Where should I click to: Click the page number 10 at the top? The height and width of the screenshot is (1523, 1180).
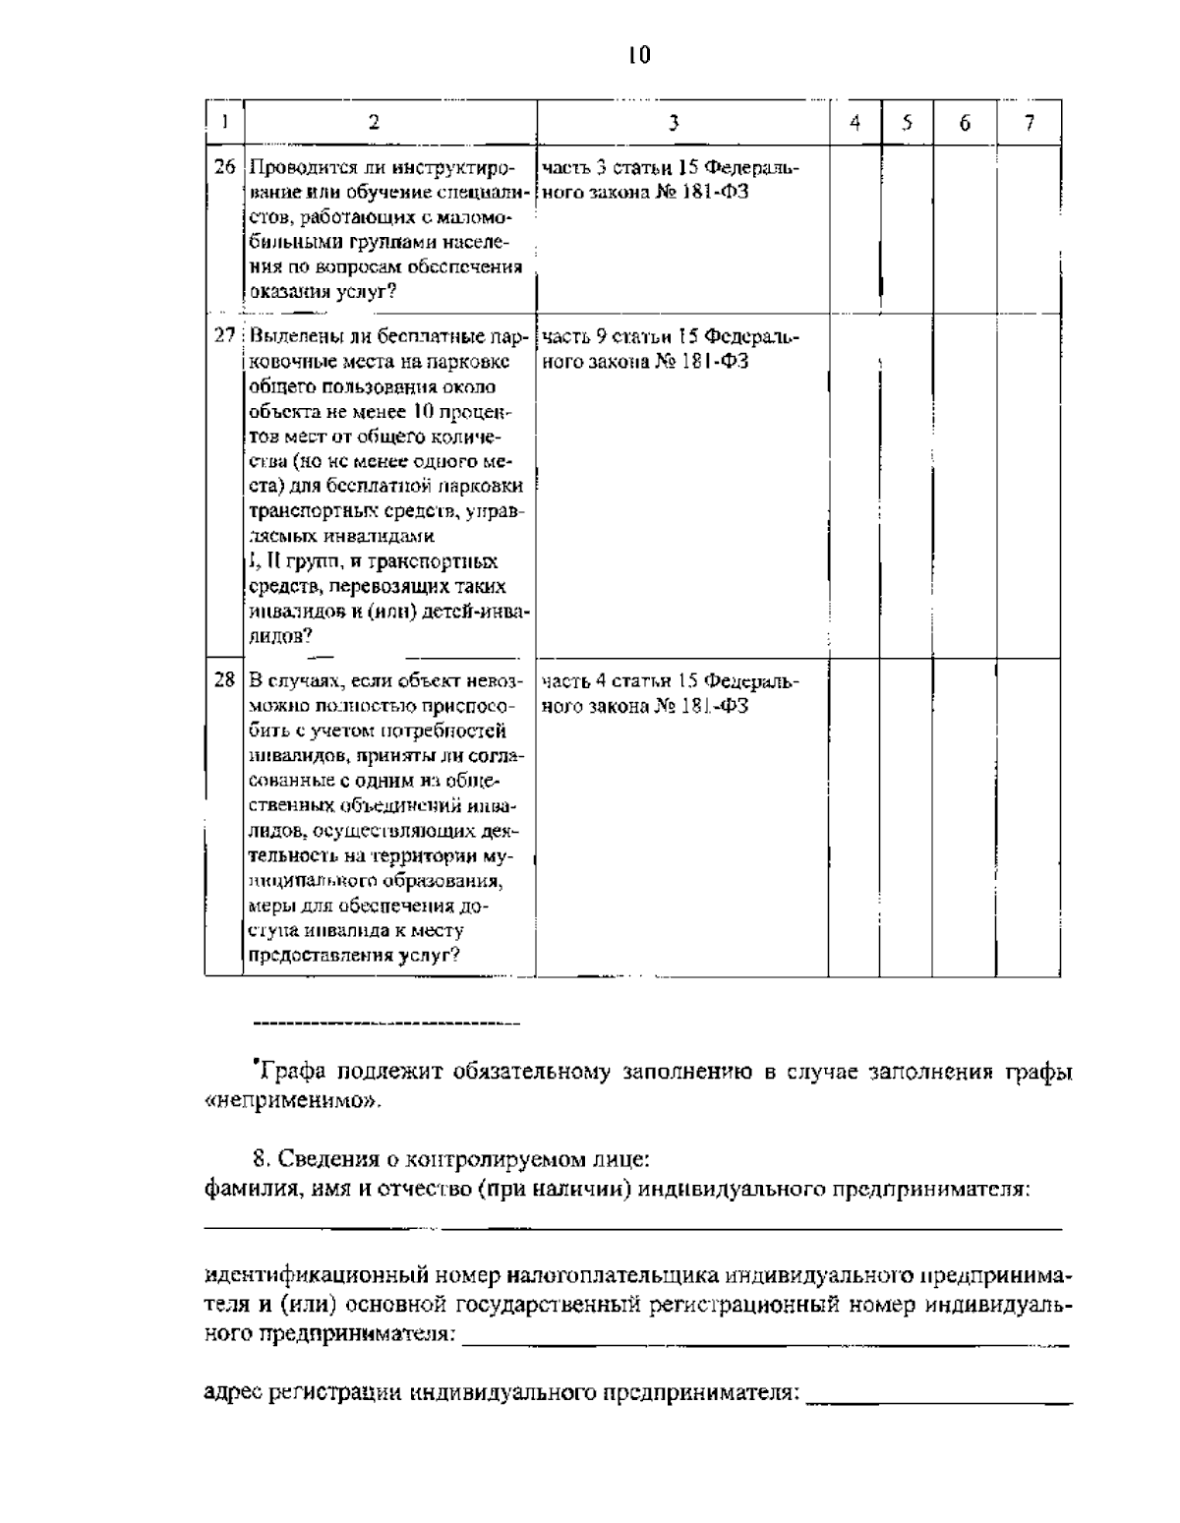[638, 55]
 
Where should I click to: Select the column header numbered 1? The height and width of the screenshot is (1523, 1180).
[225, 123]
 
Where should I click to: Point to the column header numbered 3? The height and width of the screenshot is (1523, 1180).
[674, 123]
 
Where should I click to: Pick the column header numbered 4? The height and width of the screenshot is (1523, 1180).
[855, 123]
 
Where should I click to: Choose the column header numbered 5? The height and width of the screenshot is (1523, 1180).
[907, 123]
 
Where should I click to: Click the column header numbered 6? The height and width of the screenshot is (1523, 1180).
[965, 123]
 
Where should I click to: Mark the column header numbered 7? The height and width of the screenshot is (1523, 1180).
[1029, 123]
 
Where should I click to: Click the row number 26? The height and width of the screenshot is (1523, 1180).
[225, 167]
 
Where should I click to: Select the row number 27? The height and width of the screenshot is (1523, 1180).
[225, 336]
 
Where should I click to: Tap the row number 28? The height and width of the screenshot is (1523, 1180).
[225, 679]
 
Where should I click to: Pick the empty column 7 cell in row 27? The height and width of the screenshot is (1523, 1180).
[1029, 486]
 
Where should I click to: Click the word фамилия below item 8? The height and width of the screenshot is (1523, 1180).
[240, 1189]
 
